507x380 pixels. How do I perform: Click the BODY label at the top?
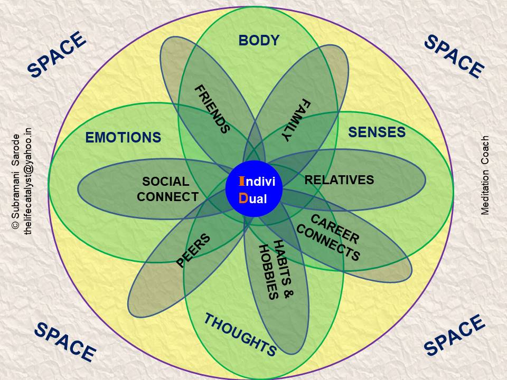coord(259,40)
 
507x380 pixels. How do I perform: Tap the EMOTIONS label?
coord(123,138)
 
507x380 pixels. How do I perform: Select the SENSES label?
coord(377,132)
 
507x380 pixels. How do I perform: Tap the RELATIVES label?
coord(339,180)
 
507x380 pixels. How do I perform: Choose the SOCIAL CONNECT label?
coord(166,189)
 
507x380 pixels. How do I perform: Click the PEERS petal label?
coord(193,250)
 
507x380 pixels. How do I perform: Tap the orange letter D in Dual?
coord(243,198)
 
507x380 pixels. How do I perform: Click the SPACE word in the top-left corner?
coord(57,55)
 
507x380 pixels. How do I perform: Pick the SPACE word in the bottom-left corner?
coord(65,341)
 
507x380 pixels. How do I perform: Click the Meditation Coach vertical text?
coord(485,175)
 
